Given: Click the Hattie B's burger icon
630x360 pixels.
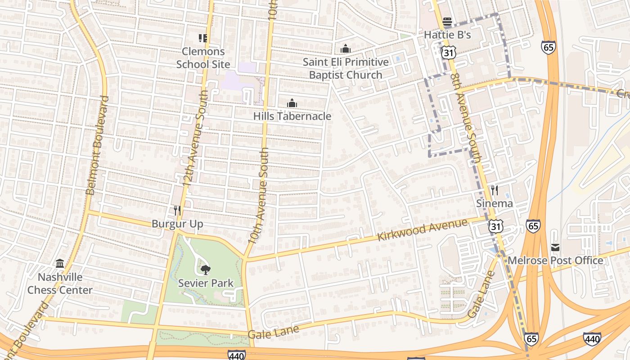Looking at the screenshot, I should click(x=447, y=21).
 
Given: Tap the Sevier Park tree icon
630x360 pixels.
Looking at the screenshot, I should click(x=205, y=270).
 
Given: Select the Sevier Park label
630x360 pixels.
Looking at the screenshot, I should click(x=206, y=283).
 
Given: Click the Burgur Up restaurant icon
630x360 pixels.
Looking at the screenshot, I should click(x=177, y=210).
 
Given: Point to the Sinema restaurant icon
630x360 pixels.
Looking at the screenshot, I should click(x=494, y=190).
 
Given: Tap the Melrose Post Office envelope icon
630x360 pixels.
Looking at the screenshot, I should click(x=555, y=247).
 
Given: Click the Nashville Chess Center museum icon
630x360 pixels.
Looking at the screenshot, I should click(x=60, y=263).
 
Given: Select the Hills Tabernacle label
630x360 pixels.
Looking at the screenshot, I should click(x=292, y=116).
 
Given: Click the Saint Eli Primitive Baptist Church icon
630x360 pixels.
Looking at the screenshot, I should click(x=345, y=49).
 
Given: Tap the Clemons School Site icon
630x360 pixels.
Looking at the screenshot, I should click(x=203, y=38).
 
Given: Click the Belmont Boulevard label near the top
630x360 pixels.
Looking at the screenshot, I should click(x=97, y=145).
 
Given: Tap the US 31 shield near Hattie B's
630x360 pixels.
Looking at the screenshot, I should click(x=448, y=53).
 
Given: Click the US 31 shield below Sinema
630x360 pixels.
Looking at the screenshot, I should click(x=496, y=226).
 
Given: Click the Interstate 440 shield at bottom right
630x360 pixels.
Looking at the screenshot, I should click(x=592, y=338).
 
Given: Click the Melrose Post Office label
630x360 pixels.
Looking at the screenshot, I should click(x=555, y=261).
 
